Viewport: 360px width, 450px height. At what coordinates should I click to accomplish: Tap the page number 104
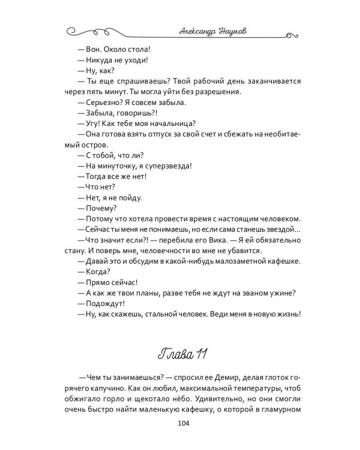click(180, 425)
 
